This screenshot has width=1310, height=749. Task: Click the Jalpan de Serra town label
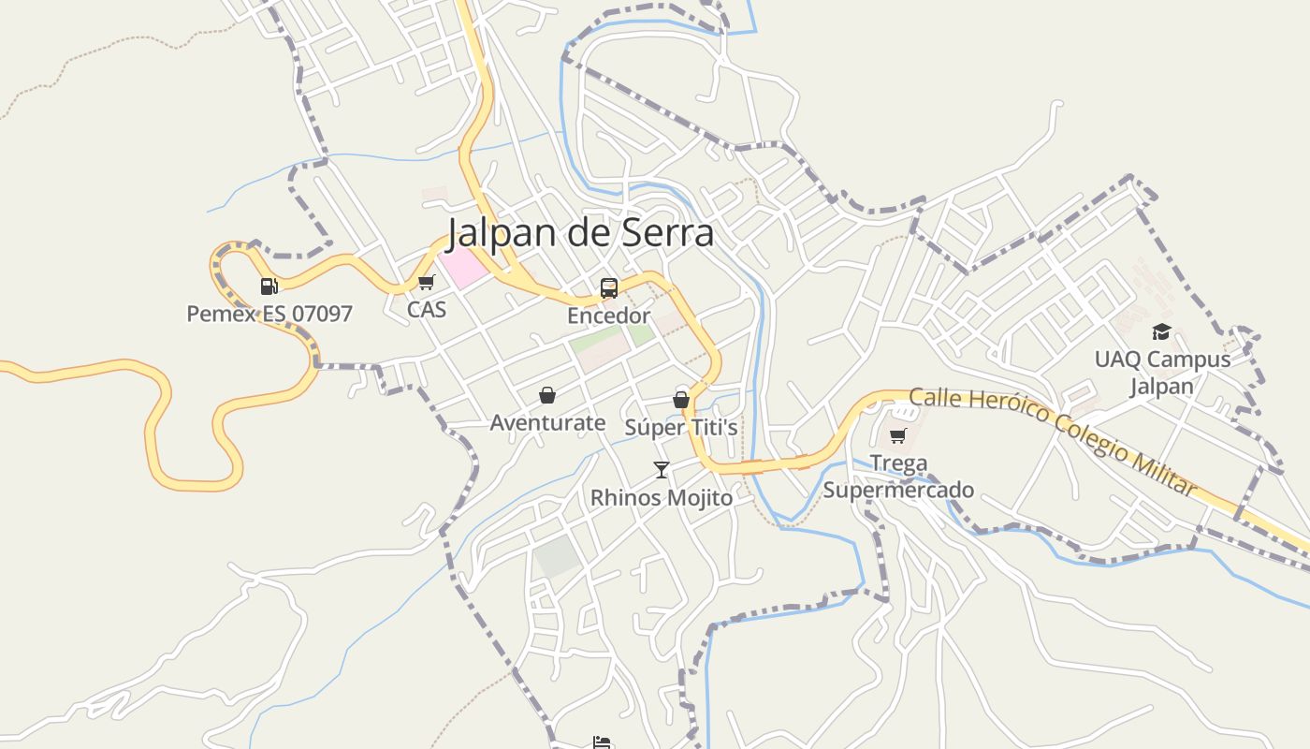[580, 233]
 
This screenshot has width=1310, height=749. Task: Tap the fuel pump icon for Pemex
[269, 286]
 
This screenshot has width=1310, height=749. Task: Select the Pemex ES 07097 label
[269, 314]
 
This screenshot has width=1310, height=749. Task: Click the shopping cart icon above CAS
[427, 282]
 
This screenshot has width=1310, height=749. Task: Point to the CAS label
[427, 309]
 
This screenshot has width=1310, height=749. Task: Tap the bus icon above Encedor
[609, 287]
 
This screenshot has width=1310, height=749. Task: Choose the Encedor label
[608, 316]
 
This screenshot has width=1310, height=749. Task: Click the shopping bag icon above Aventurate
[547, 395]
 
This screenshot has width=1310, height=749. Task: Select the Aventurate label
[547, 422]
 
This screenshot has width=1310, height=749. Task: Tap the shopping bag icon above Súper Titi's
[681, 400]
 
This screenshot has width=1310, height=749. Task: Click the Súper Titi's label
[681, 428]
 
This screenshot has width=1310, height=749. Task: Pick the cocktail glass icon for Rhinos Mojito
[662, 469]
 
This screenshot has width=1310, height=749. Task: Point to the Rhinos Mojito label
[662, 497]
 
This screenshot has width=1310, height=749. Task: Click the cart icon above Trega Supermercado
[898, 435]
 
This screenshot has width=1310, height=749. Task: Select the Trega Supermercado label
[898, 477]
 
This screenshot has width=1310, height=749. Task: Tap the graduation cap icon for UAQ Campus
[1161, 331]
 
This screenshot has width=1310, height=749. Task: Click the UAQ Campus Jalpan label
[1162, 373]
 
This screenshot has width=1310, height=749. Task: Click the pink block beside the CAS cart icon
[464, 269]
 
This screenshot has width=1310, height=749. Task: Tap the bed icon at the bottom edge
[602, 743]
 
